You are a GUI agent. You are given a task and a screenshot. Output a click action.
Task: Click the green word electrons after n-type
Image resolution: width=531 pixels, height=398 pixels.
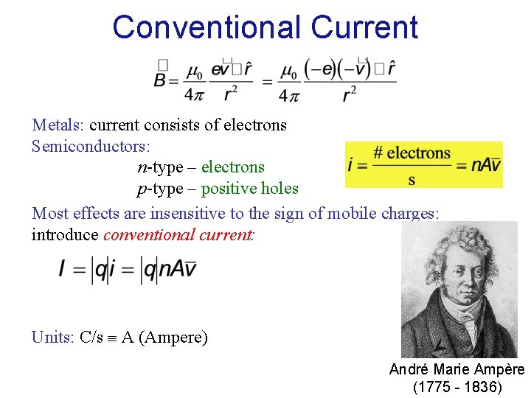[232, 167]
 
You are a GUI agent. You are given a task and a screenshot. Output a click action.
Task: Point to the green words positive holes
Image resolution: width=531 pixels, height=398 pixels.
[249, 189]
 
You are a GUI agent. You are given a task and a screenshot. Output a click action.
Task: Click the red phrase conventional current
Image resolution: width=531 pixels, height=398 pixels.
[178, 234]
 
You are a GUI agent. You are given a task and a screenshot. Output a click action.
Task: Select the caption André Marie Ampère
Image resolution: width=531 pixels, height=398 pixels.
[457, 369]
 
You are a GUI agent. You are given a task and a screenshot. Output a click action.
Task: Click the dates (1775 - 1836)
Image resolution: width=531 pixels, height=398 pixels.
[457, 387]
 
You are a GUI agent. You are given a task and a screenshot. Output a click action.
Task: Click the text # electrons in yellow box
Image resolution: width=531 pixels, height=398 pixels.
[412, 153]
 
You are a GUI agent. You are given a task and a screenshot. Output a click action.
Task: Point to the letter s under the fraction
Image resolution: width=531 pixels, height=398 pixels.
[411, 179]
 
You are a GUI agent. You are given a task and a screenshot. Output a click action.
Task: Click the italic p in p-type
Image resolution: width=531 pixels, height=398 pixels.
[142, 189]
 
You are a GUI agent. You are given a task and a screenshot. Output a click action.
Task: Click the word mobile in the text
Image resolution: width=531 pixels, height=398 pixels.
[355, 213]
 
